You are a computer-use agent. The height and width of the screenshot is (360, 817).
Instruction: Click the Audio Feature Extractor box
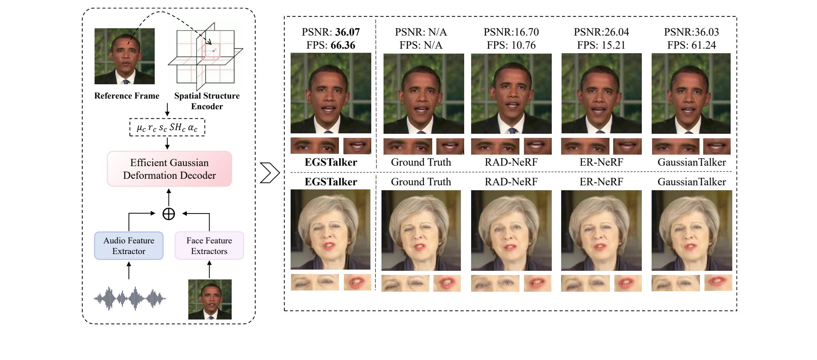click(129, 246)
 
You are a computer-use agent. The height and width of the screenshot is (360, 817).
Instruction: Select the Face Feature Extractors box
click(209, 246)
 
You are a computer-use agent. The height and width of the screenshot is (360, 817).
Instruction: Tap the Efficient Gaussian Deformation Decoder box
click(169, 169)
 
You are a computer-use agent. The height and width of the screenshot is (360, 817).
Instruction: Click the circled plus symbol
click(169, 214)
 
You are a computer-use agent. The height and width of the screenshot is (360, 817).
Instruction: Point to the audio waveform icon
click(130, 299)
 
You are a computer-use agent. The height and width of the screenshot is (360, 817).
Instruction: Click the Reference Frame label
click(126, 96)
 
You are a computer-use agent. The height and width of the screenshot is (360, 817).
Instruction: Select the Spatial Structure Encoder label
click(207, 101)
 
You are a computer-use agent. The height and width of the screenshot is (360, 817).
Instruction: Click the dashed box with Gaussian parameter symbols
click(167, 128)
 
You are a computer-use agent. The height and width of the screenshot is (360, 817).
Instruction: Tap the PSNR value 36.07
click(348, 32)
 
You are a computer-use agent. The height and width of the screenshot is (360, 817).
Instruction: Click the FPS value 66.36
click(343, 45)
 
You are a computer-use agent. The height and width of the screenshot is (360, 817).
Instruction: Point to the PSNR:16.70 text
click(511, 32)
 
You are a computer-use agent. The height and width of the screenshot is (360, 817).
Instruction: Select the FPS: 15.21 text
click(601, 45)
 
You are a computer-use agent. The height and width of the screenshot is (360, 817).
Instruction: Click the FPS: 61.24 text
click(691, 45)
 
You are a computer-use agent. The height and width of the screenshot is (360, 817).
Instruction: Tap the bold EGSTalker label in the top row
click(331, 162)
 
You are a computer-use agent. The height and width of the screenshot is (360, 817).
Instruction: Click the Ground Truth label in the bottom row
click(421, 182)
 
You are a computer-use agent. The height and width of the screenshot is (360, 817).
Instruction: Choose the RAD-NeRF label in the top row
click(511, 162)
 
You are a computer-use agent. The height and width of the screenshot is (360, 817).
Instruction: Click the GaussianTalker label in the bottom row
click(691, 182)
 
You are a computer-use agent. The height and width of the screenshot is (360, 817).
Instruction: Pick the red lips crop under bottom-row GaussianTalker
click(718, 283)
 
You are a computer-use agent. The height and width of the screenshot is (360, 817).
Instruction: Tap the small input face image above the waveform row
click(210, 299)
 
